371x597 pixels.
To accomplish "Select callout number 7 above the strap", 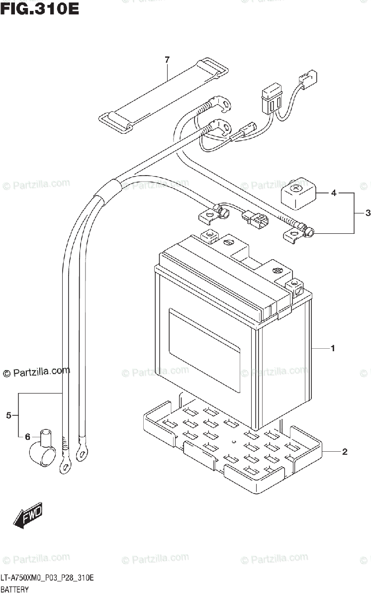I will point(168,60).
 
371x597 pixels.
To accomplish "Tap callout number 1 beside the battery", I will point(333,348).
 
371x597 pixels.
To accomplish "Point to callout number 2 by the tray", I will point(344,452).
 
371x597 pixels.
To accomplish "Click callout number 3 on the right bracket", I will point(368,213).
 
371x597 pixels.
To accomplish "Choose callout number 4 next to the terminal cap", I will point(334,193).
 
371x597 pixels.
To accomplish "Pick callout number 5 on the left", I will point(9,415).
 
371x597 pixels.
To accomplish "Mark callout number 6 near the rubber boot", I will point(28,436).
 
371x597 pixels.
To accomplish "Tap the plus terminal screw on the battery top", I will point(278,271).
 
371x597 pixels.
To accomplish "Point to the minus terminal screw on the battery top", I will point(229,243).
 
